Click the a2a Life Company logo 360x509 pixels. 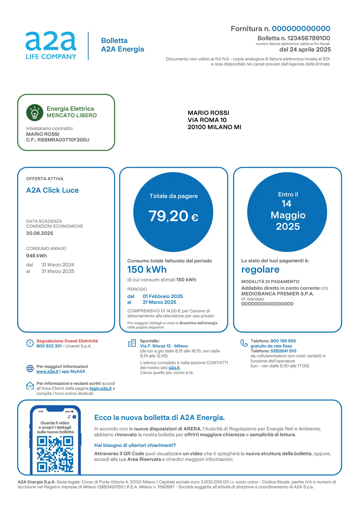[51, 45]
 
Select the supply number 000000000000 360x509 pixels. [301, 29]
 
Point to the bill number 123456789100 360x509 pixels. [309, 38]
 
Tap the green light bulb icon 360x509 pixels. [35, 112]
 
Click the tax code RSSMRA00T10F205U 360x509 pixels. [63, 140]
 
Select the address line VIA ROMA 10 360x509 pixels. [207, 120]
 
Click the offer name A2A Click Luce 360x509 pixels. [52, 190]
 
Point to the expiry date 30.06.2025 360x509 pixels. [40, 233]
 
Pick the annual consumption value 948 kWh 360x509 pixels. [36, 256]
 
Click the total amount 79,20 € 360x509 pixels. [173, 216]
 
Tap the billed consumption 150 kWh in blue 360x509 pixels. [147, 270]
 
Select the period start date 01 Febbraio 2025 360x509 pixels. [163, 296]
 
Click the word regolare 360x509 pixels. [260, 270]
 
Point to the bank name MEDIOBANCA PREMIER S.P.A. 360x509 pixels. [277, 294]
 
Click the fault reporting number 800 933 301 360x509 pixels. [49, 346]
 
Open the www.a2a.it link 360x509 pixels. [47, 371]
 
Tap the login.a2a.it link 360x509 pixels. [101, 388]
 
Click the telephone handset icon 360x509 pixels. [244, 343]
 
